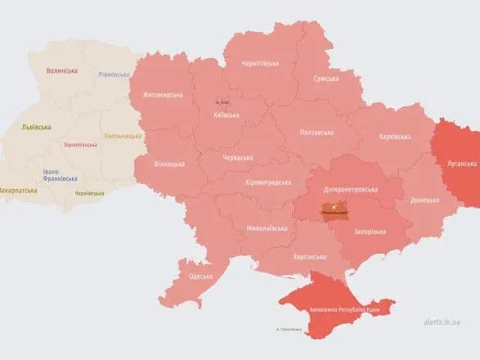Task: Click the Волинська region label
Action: pos(61,71)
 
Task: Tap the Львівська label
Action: pos(36,127)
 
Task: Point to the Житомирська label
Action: pos(163,96)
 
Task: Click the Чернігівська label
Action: pos(260,63)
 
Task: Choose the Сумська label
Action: pos(327,79)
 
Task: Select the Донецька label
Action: pos(424,199)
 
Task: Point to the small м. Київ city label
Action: pos(222,102)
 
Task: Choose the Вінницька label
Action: pos(169,164)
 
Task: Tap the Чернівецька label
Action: pos(89,193)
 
